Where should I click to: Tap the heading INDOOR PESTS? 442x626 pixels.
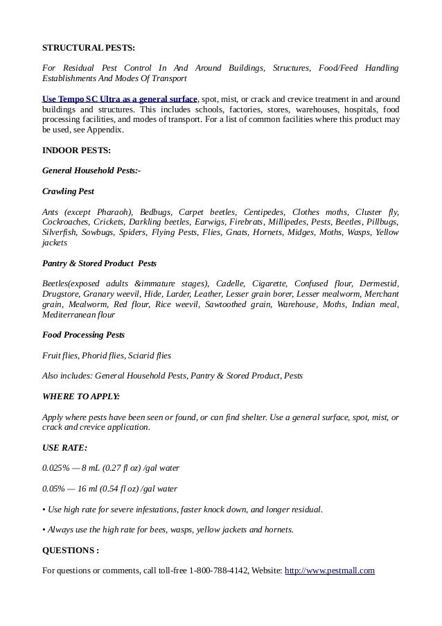(76, 150)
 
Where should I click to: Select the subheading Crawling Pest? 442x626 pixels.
(68, 191)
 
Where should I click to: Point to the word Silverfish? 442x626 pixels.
(60, 232)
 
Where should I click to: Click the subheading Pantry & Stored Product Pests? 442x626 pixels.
(99, 263)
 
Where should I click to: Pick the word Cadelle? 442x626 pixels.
(231, 284)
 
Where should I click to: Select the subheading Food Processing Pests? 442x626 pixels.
(83, 335)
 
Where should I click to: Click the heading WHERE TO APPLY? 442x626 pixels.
(80, 397)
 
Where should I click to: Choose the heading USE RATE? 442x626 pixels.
(64, 448)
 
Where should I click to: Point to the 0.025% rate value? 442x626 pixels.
(57, 468)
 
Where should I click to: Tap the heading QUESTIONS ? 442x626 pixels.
(71, 550)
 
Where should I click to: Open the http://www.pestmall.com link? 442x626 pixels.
(330, 571)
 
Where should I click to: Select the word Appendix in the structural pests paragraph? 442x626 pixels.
(106, 130)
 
